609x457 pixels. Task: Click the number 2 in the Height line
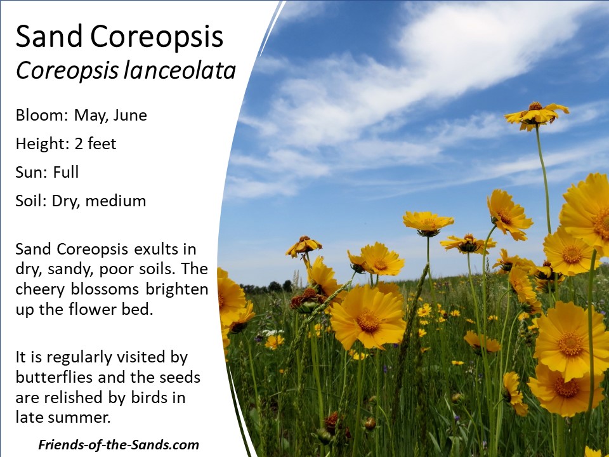click(79, 144)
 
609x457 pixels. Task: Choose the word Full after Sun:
click(65, 172)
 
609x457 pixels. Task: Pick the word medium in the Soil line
click(115, 201)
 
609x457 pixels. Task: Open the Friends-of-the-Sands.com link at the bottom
click(119, 444)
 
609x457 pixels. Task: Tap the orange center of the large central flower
click(368, 320)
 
